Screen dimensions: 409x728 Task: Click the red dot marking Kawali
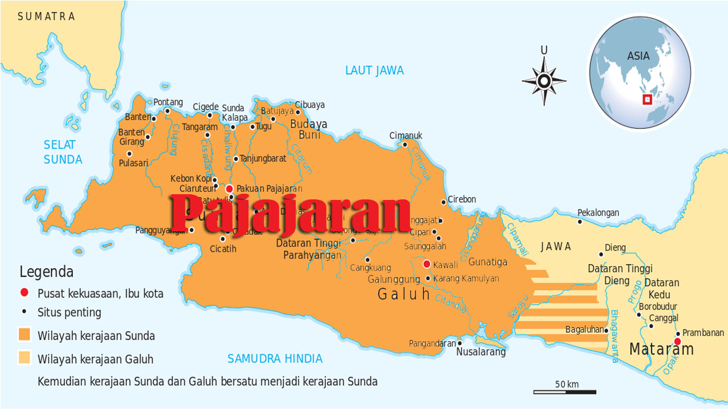click(x=427, y=264)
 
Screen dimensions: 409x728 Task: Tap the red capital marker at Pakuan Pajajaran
click(x=229, y=189)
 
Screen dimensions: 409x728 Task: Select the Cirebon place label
click(x=462, y=199)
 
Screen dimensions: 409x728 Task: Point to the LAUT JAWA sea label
click(x=374, y=70)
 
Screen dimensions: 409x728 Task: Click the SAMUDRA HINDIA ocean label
click(x=275, y=359)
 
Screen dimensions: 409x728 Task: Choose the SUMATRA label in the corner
click(x=46, y=16)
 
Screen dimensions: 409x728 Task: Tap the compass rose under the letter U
click(x=544, y=81)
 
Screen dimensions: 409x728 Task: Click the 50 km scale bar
click(x=564, y=391)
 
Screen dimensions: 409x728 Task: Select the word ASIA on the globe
click(x=638, y=56)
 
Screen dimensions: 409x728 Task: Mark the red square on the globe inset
click(x=647, y=100)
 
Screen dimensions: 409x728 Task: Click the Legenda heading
click(x=46, y=272)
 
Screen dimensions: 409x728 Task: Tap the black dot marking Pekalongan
click(x=580, y=222)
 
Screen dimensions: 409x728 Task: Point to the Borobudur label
click(x=657, y=307)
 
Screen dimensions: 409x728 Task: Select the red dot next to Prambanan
click(x=677, y=341)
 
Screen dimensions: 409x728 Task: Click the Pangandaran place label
click(x=432, y=344)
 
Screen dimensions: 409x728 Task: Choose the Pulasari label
click(x=133, y=163)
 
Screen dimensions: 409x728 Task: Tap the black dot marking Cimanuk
click(x=405, y=144)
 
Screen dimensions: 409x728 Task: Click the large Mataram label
click(x=661, y=349)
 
